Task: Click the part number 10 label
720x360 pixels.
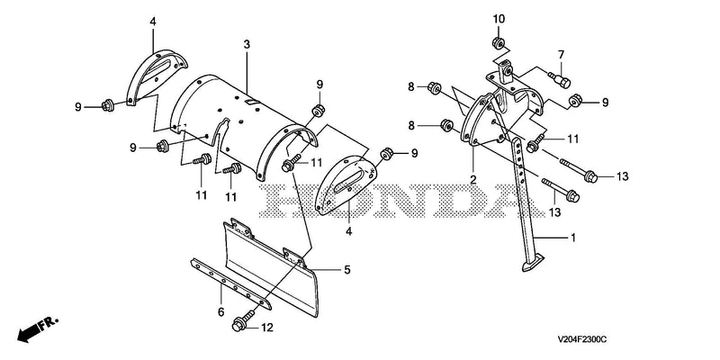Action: tap(499, 19)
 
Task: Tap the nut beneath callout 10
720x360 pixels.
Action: tap(498, 42)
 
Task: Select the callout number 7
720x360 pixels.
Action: tap(561, 55)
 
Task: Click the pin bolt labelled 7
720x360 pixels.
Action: tap(559, 79)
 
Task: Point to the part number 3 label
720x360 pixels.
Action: tap(247, 44)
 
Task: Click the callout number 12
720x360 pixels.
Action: tap(266, 328)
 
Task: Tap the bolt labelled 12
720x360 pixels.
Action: tap(243, 320)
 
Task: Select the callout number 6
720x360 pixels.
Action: tap(220, 312)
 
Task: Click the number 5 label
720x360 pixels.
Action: tap(346, 270)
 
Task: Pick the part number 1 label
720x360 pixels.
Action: tap(572, 238)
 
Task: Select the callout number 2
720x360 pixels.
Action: tap(472, 179)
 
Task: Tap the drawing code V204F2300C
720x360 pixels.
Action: tap(582, 339)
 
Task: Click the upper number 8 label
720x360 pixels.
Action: tap(411, 86)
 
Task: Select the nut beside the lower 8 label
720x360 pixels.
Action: tap(445, 124)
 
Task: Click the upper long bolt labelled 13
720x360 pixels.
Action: tap(578, 168)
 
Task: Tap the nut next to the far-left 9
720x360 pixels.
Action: tap(108, 105)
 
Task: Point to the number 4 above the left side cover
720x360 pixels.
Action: tap(153, 21)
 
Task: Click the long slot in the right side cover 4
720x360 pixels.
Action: tap(350, 181)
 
